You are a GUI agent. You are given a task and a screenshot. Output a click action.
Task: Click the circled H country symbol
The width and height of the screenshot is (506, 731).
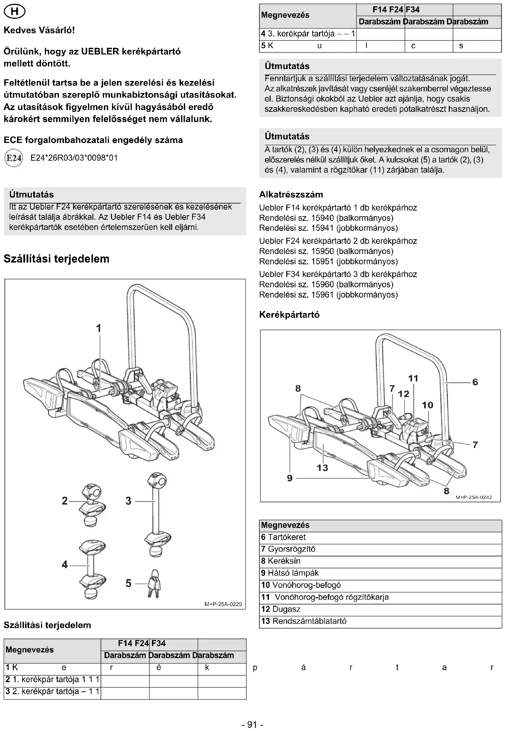coord(14,12)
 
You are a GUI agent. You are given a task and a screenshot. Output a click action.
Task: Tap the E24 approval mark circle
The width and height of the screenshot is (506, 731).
coord(14,158)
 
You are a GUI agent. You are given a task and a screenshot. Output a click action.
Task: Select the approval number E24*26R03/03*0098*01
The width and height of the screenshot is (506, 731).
coord(74,158)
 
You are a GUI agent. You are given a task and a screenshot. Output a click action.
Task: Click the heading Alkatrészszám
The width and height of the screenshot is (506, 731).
coord(291,194)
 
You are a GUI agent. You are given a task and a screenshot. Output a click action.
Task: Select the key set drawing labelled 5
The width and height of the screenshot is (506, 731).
coord(154,583)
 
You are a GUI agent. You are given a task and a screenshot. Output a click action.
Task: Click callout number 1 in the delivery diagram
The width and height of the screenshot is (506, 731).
coord(99,328)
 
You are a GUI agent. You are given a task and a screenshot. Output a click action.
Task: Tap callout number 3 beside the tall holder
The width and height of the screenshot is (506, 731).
coord(129,501)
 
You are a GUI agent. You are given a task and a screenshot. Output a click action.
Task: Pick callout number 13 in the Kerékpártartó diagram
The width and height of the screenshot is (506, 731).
coord(322,468)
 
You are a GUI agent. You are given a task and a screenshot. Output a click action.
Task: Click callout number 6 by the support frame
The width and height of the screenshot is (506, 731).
coord(475,382)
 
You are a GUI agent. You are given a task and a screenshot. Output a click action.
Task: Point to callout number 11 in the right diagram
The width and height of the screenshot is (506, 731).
coord(413,378)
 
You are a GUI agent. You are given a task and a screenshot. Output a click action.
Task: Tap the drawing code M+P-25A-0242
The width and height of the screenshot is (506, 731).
coord(473,497)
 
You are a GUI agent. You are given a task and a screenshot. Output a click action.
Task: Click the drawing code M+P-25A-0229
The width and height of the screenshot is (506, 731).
coord(223,604)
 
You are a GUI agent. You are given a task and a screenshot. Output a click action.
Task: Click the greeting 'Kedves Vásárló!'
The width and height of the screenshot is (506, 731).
coord(39,30)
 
